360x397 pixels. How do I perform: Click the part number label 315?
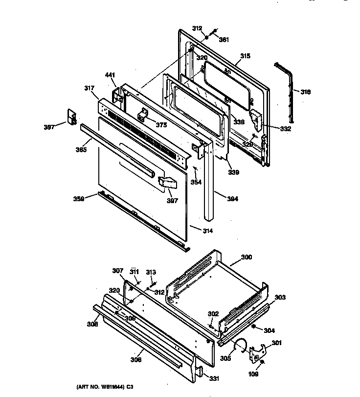tap(245, 56)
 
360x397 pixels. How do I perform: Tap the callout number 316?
tap(305, 92)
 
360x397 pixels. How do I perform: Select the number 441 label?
tap(110, 75)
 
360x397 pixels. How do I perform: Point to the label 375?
tap(161, 124)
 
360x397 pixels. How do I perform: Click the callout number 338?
tap(238, 122)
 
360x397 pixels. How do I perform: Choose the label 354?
tap(196, 182)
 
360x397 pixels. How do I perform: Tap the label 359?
tap(79, 199)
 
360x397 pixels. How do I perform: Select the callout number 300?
tap(247, 257)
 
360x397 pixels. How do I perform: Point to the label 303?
tap(280, 297)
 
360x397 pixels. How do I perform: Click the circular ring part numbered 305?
tap(239, 345)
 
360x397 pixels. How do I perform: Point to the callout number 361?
tap(224, 40)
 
